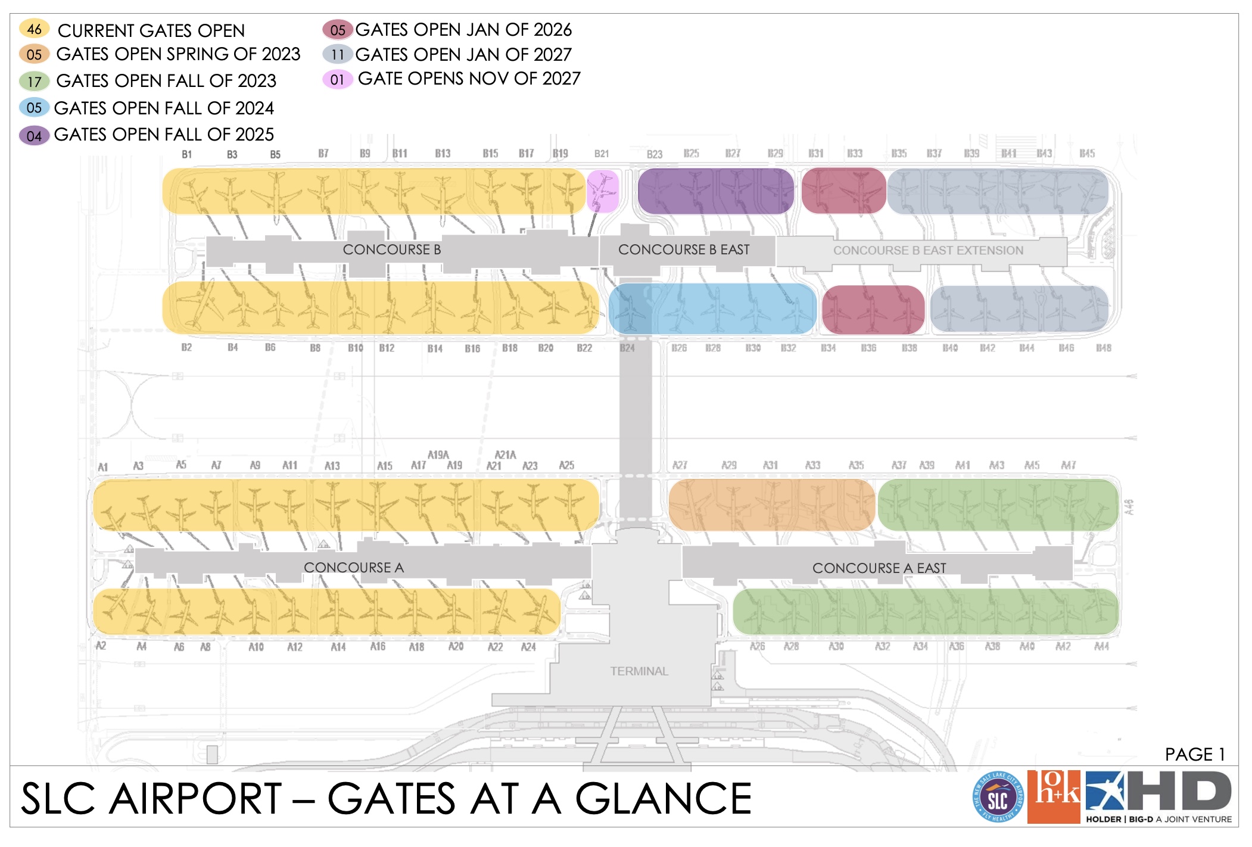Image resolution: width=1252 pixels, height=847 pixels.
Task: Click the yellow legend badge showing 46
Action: (x=34, y=29)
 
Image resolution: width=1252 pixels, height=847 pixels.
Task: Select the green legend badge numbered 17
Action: (x=34, y=81)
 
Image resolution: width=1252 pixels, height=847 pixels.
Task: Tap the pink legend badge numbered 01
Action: (x=337, y=79)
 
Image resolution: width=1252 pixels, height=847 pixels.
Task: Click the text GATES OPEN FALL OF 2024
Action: (x=164, y=108)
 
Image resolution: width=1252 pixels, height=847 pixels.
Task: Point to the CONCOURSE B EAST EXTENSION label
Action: (x=927, y=251)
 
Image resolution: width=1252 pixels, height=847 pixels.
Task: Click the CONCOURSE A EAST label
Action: (x=879, y=568)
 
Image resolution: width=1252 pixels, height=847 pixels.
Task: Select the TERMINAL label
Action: (x=639, y=671)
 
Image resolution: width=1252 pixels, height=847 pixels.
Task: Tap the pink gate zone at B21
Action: (x=603, y=191)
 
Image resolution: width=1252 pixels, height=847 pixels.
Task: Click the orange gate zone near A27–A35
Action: (x=771, y=505)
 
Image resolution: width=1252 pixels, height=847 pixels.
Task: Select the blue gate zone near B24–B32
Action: (x=712, y=309)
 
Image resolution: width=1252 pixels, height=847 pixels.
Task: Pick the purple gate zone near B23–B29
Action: (x=715, y=191)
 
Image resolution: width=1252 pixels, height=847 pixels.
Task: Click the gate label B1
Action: (x=186, y=154)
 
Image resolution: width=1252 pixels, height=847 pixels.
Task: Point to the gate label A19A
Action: (x=438, y=454)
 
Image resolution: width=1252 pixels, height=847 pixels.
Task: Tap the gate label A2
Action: (x=101, y=646)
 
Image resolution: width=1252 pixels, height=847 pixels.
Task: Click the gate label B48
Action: (x=1103, y=348)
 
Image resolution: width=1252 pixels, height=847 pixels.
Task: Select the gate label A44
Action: (x=1101, y=646)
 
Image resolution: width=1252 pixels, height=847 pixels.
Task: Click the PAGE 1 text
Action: (x=1194, y=754)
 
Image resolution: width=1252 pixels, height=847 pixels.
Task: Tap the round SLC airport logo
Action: (x=997, y=798)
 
